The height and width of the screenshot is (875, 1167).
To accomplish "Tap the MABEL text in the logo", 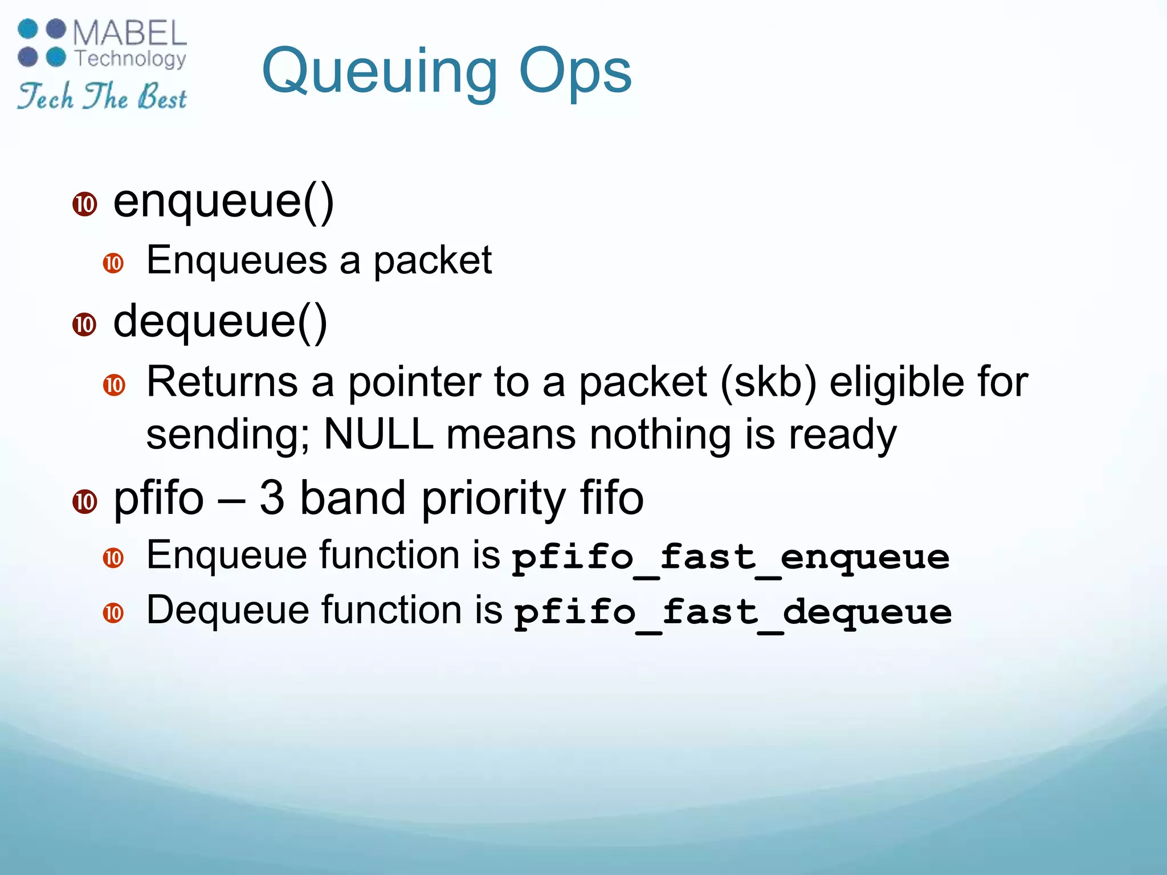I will pyautogui.click(x=130, y=33).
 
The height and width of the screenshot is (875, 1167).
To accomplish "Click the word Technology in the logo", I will pyautogui.click(x=130, y=59).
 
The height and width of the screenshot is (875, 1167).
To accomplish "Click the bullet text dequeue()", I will pyautogui.click(x=220, y=321).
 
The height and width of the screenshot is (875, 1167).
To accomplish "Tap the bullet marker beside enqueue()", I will pyautogui.click(x=85, y=205).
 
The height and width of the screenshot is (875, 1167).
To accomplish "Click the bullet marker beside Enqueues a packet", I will pyautogui.click(x=113, y=263).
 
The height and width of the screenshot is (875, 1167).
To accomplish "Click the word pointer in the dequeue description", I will pyautogui.click(x=414, y=382).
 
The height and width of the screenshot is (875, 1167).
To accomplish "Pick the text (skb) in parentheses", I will pyautogui.click(x=768, y=382).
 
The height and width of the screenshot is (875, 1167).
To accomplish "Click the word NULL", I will pyautogui.click(x=378, y=434).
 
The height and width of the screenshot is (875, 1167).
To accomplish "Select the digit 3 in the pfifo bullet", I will pyautogui.click(x=272, y=498).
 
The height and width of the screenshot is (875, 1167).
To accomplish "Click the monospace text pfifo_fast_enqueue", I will pyautogui.click(x=731, y=557).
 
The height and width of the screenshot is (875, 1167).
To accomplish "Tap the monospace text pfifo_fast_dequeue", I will pyautogui.click(x=733, y=612).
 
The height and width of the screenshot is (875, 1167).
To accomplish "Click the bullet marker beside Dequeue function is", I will pyautogui.click(x=113, y=613).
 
